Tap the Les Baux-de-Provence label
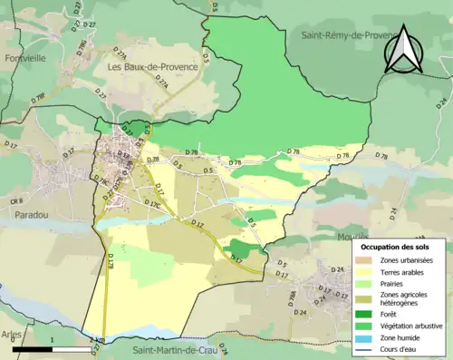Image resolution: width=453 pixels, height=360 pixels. click(148, 66)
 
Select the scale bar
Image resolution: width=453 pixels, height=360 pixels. click(53, 348)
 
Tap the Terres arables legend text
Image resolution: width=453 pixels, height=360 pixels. click(400, 270)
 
